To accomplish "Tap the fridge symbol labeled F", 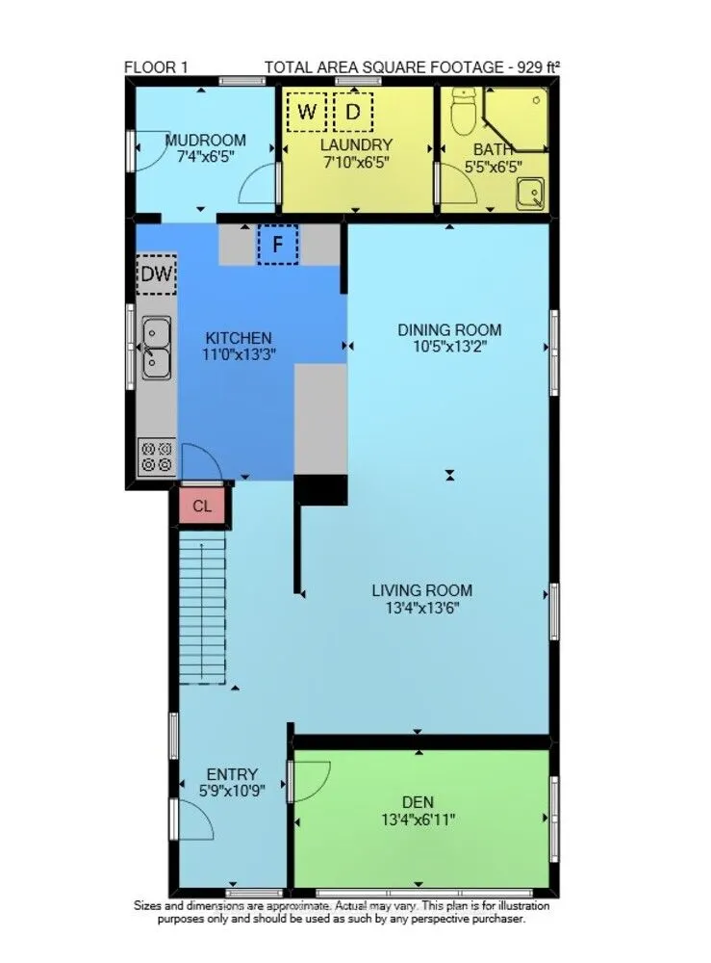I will point(278,244).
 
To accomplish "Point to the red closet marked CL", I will point(202,506).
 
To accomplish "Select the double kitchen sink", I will point(156,348).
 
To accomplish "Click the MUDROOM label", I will point(205,140).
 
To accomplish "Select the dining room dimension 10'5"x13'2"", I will point(449,348).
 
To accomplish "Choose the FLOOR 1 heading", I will point(156,66).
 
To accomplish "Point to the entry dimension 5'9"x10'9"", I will point(232,792).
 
